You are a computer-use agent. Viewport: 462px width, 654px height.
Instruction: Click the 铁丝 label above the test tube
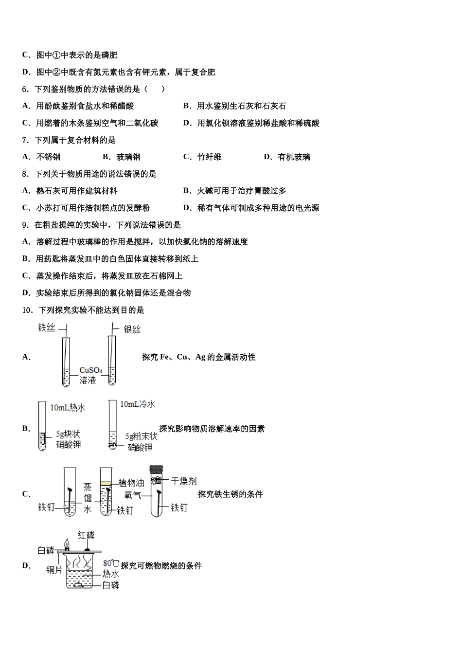tap(47, 327)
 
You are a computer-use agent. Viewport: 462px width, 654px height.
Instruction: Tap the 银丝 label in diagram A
tap(132, 329)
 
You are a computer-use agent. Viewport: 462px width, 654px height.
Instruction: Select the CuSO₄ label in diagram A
tap(91, 370)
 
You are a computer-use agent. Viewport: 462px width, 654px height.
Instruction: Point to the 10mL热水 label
tap(68, 407)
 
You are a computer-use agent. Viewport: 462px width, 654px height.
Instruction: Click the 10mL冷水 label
tap(138, 404)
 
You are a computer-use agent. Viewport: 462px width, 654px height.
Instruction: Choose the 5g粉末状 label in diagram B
tap(141, 436)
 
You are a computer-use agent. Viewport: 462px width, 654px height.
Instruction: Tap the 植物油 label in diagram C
tap(131, 483)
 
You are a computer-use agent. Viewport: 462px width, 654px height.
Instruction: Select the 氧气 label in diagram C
tap(133, 495)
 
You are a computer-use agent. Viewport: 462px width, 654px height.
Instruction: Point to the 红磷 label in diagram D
tap(86, 535)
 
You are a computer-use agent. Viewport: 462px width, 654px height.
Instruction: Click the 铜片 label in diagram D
tap(54, 569)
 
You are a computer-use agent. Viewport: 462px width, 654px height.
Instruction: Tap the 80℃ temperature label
tap(111, 563)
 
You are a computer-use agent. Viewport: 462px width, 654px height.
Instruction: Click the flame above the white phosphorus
tap(67, 542)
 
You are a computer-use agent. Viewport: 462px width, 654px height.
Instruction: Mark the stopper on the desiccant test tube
tap(156, 470)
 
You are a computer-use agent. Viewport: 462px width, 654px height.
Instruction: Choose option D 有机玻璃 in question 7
tap(287, 157)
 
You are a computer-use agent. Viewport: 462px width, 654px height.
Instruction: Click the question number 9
tap(25, 225)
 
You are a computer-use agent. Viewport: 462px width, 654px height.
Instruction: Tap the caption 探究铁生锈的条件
tap(230, 494)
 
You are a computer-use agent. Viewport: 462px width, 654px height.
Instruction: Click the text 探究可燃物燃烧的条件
tap(161, 565)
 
